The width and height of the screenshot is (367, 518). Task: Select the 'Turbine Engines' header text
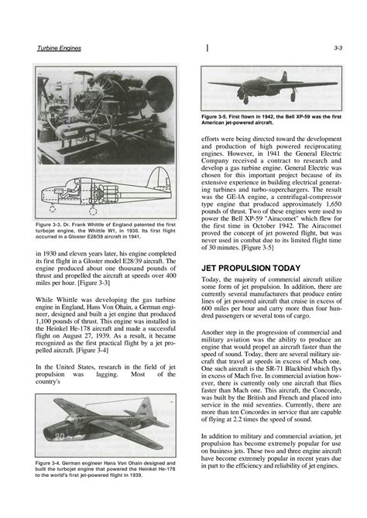60,47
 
